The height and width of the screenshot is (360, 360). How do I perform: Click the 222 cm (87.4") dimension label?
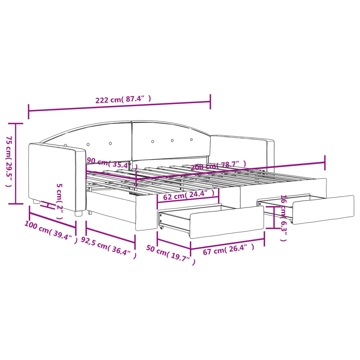[123, 99]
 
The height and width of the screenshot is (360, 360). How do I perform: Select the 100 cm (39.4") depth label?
[51, 232]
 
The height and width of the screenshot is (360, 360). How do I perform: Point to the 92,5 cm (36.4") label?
[108, 248]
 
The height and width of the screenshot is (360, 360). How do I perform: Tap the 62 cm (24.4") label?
[188, 195]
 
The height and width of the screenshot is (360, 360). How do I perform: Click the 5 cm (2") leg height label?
[59, 201]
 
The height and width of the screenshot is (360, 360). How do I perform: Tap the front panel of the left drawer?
[227, 221]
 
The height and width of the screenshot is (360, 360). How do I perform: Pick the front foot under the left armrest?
[79, 213]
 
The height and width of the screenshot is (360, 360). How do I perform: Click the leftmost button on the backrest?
[66, 145]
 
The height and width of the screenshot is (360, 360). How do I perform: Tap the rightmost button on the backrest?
[192, 140]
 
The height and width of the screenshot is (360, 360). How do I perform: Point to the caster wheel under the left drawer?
[161, 227]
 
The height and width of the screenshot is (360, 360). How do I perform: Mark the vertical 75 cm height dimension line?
[16, 163]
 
